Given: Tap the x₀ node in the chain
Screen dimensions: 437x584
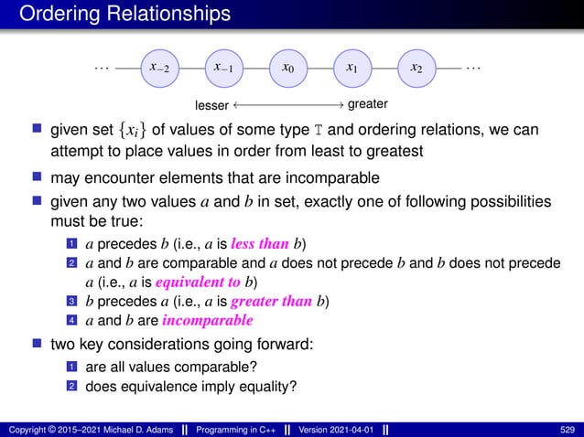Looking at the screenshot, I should (288, 68).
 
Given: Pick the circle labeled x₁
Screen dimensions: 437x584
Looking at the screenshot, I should (352, 68).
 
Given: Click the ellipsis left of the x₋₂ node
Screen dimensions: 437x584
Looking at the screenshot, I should (101, 67).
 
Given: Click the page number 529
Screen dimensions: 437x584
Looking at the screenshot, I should (566, 427).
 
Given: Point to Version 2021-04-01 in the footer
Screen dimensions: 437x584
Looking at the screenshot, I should (334, 427).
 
